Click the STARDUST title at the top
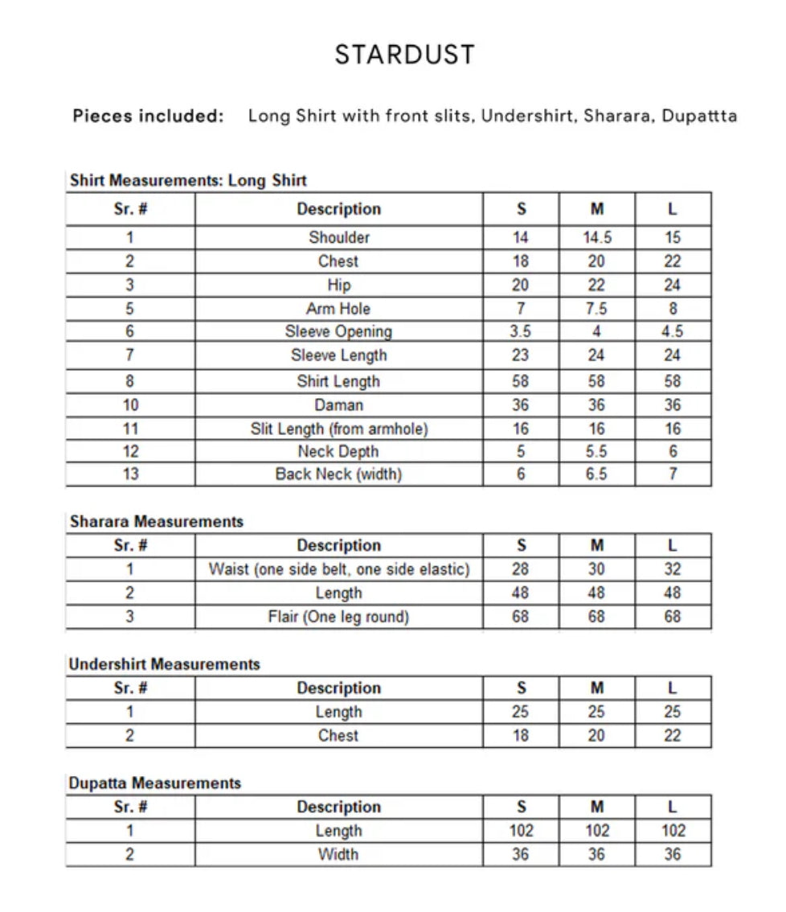click(404, 55)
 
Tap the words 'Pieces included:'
click(148, 116)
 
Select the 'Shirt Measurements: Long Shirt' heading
click(188, 180)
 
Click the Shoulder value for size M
click(596, 237)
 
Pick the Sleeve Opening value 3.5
click(521, 331)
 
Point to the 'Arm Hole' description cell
click(338, 309)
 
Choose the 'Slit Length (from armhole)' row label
click(338, 429)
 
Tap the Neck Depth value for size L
click(673, 452)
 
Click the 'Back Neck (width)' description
click(338, 474)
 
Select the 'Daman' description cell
click(338, 405)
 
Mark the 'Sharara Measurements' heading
click(156, 521)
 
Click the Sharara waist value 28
click(521, 569)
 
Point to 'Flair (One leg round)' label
click(338, 617)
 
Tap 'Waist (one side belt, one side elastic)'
click(338, 569)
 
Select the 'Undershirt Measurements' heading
click(164, 664)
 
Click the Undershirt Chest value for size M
click(596, 735)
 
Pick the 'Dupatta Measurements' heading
click(154, 783)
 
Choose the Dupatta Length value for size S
click(521, 831)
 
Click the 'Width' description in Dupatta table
click(338, 854)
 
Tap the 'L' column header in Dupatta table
click(673, 807)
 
